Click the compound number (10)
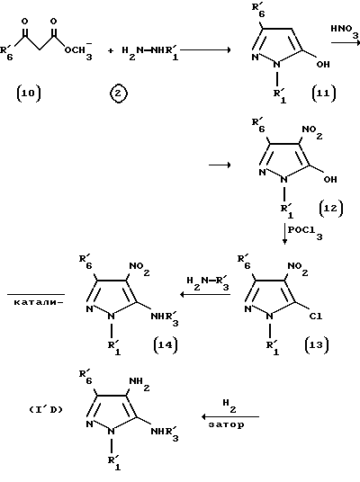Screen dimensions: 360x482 (28, 94)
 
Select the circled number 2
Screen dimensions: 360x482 (119, 94)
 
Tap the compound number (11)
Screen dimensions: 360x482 (324, 94)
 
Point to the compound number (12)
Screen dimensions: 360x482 (330, 209)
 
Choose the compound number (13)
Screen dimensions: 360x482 (317, 345)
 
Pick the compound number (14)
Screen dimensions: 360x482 (166, 345)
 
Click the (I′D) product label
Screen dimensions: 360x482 (46, 410)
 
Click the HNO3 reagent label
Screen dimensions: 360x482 (345, 31)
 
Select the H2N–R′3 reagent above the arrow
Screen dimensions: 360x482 (208, 282)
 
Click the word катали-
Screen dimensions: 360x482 (39, 302)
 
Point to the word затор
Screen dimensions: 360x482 (226, 424)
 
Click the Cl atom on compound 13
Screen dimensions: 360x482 (316, 316)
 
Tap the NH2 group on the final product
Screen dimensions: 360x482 (139, 384)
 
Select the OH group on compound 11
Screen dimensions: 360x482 (323, 64)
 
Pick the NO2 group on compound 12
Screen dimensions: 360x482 (312, 132)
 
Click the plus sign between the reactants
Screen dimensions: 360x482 (110, 50)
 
